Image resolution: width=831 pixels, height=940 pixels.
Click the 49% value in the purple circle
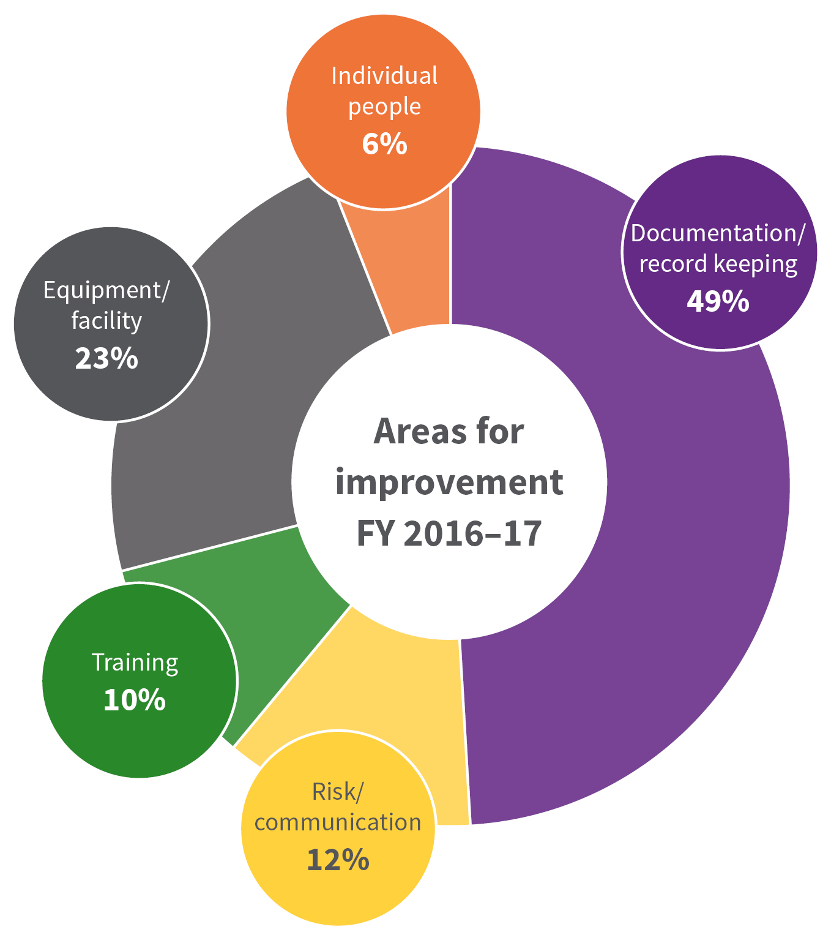pos(718,301)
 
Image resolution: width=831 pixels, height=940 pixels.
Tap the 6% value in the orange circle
pos(384,145)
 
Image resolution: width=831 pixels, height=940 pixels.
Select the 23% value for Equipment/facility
pos(106,359)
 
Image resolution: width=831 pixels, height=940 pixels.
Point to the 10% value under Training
pos(135,700)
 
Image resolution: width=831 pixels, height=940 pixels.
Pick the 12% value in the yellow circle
pos(338,860)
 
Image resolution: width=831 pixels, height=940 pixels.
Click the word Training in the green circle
pos(135,663)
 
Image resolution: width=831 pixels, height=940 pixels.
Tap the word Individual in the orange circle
pos(384,76)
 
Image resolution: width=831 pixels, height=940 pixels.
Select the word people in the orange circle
pos(384,107)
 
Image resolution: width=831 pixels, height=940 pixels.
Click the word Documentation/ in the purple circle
pos(718,233)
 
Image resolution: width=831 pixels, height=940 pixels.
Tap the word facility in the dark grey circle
pos(106,321)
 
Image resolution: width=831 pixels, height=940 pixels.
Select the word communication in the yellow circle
pos(338,822)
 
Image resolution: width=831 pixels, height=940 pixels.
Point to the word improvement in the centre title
pos(449,483)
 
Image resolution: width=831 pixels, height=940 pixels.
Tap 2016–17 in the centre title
pos(473,533)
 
